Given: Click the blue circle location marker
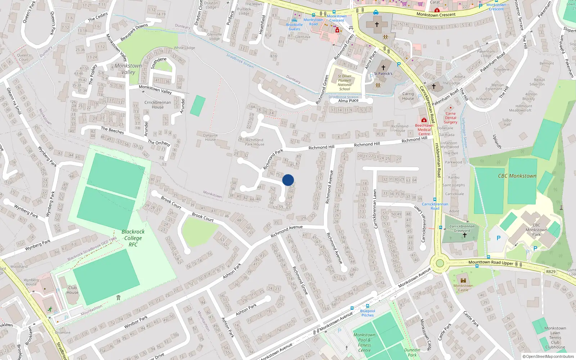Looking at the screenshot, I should [x=288, y=180].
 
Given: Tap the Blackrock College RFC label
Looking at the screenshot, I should [x=133, y=238].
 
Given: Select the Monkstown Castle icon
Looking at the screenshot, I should [x=463, y=280].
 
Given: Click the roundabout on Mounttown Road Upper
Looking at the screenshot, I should [x=440, y=263].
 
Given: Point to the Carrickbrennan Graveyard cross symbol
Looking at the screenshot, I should [x=464, y=235].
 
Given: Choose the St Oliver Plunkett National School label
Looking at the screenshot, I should [x=345, y=82].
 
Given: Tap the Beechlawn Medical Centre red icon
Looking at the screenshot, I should [x=424, y=120].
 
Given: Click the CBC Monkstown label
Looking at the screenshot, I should [x=517, y=176].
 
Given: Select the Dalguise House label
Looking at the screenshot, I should [x=210, y=138].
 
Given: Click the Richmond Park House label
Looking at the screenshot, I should [x=255, y=142].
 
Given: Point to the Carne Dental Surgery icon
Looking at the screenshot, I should [x=450, y=108].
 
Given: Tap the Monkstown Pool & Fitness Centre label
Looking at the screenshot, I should [x=364, y=342].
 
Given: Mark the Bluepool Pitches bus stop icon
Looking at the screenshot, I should [x=367, y=306].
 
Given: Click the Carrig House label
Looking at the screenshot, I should [x=408, y=96].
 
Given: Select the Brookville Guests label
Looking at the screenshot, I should [x=294, y=27].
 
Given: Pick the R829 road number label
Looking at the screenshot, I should [x=550, y=271].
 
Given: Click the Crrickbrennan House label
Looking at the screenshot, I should [x=157, y=105].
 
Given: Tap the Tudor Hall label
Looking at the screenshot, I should [x=507, y=122].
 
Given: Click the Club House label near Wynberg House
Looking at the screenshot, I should [x=72, y=290].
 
